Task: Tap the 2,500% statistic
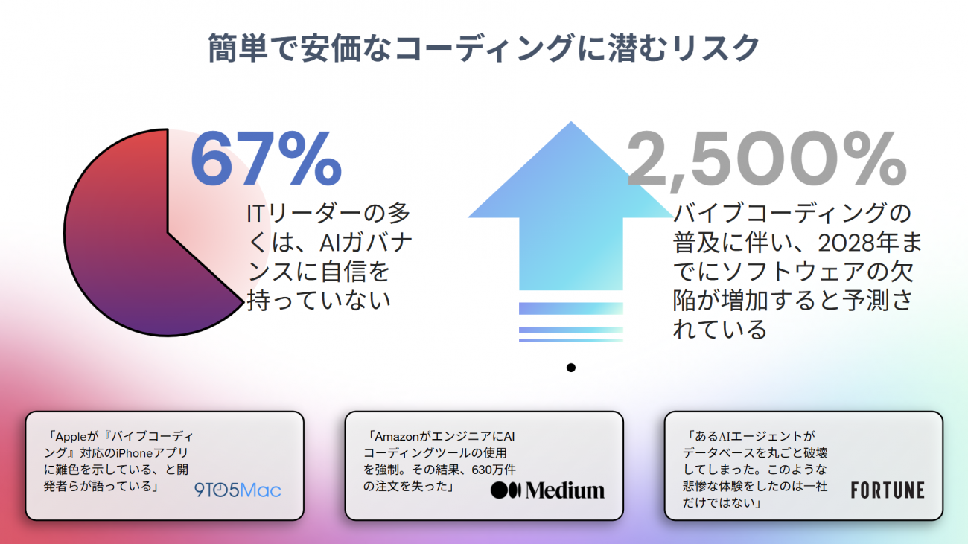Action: (x=766, y=160)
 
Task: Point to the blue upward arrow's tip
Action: (x=571, y=122)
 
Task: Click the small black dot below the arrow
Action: (x=571, y=368)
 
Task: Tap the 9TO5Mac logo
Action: (x=238, y=490)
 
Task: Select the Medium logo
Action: (x=547, y=490)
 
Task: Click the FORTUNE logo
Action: (x=888, y=490)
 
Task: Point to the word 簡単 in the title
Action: (x=238, y=48)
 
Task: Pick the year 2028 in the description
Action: (x=844, y=243)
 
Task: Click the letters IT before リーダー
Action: (x=255, y=214)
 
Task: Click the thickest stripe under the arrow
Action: (x=571, y=308)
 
